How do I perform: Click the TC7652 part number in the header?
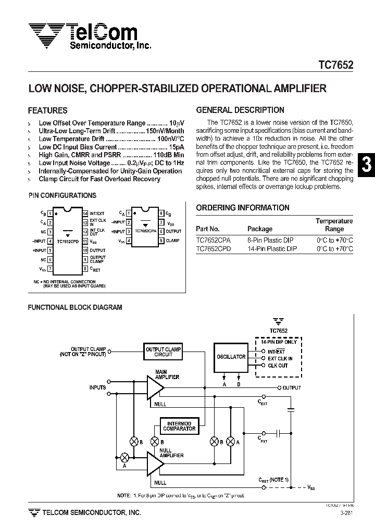pos(335,66)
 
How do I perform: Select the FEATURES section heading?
pos(47,110)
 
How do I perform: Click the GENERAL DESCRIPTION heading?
pos(240,110)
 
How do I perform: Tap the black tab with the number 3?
pos(367,165)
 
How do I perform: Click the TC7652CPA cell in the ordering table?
pos(214,241)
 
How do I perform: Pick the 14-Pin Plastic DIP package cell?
pos(272,249)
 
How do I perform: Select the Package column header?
pos(260,229)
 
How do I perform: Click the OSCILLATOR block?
pos(231,357)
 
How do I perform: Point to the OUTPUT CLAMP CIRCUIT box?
pos(163,352)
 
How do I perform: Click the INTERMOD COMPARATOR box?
pos(179,426)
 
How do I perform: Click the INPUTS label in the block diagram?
pos(97,387)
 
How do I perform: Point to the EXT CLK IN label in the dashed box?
pos(280,358)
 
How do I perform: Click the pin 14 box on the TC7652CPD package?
pos(85,214)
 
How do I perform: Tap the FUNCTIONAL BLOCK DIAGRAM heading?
pos(74,307)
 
